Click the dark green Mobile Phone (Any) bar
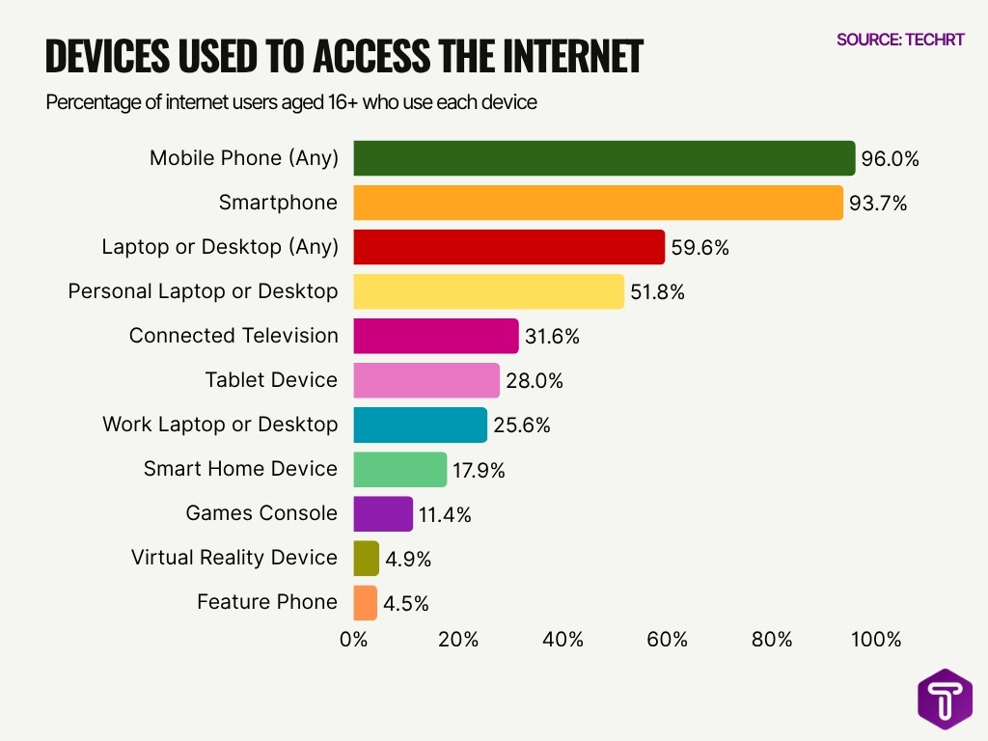coord(604,158)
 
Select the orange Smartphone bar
coord(598,203)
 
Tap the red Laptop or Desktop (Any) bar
coord(509,247)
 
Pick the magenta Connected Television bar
coord(436,336)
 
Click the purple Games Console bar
coord(383,513)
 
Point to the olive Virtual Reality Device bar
coord(367,558)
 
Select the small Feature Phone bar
coord(366,602)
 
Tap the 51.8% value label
coord(659,292)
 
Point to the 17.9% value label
coord(480,471)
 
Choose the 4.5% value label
coord(406,604)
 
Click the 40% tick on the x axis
coord(563,640)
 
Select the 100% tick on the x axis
coord(876,640)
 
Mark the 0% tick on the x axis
coord(354,640)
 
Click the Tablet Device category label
coord(271,380)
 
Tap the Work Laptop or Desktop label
coord(220,425)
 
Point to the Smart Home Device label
coord(240,469)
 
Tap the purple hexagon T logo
coord(945,699)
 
